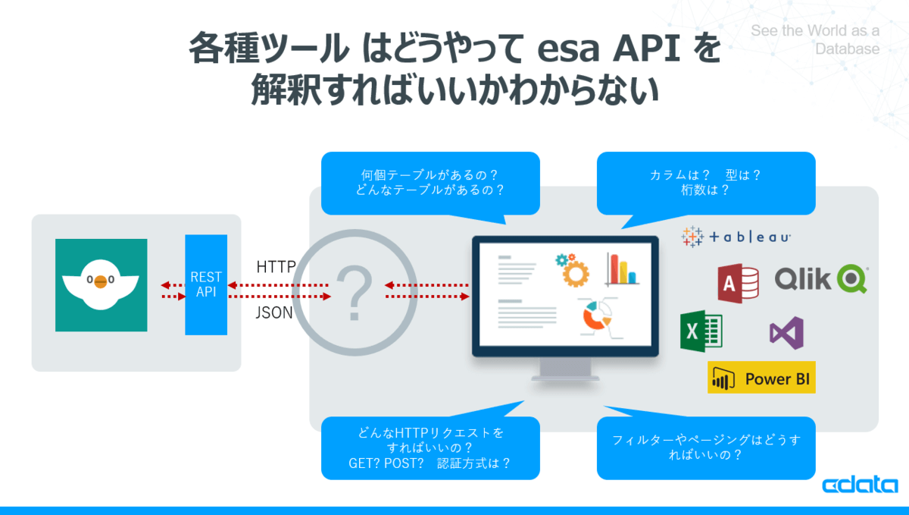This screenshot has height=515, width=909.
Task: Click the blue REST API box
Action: tap(206, 284)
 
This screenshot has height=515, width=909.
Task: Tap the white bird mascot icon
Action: tap(101, 285)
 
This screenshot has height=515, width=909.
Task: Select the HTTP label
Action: tap(276, 267)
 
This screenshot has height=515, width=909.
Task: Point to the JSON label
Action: tap(274, 312)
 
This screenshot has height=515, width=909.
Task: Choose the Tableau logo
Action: tap(736, 237)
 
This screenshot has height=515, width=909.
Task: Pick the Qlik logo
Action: tap(820, 278)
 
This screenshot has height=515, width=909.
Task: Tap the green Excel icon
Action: tap(701, 331)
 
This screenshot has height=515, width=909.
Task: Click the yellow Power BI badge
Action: tap(761, 378)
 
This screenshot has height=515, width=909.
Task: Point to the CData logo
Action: tap(860, 485)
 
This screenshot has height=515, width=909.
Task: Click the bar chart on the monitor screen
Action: tap(622, 269)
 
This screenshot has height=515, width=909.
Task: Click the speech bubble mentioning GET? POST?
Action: tap(430, 447)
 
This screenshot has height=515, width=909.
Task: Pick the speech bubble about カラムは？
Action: tap(706, 183)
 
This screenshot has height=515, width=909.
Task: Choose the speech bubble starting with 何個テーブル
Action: tap(430, 183)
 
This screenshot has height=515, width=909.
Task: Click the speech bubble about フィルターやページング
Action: tap(706, 447)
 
